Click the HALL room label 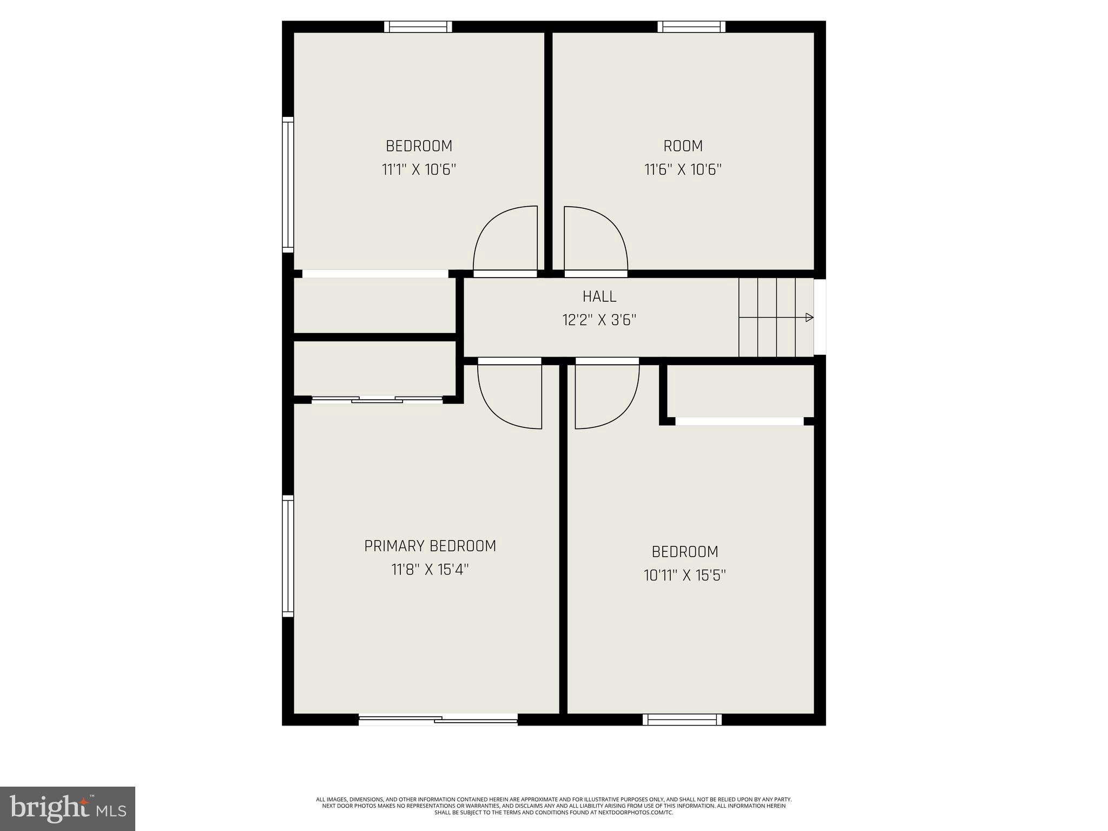[x=599, y=296]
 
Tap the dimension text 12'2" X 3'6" [x=599, y=320]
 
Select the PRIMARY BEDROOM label [x=430, y=546]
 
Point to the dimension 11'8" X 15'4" [x=430, y=570]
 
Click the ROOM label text [x=683, y=146]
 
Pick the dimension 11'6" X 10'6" [x=683, y=170]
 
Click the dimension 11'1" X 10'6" [x=419, y=170]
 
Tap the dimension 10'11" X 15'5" [x=684, y=575]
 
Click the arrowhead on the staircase [x=809, y=318]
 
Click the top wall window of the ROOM [x=691, y=27]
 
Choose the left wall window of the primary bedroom [x=288, y=556]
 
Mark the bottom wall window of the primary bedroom [x=438, y=719]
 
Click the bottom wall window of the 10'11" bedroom [x=682, y=719]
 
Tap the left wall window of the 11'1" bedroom [x=288, y=184]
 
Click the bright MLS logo [x=68, y=808]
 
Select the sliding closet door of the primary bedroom [x=377, y=400]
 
